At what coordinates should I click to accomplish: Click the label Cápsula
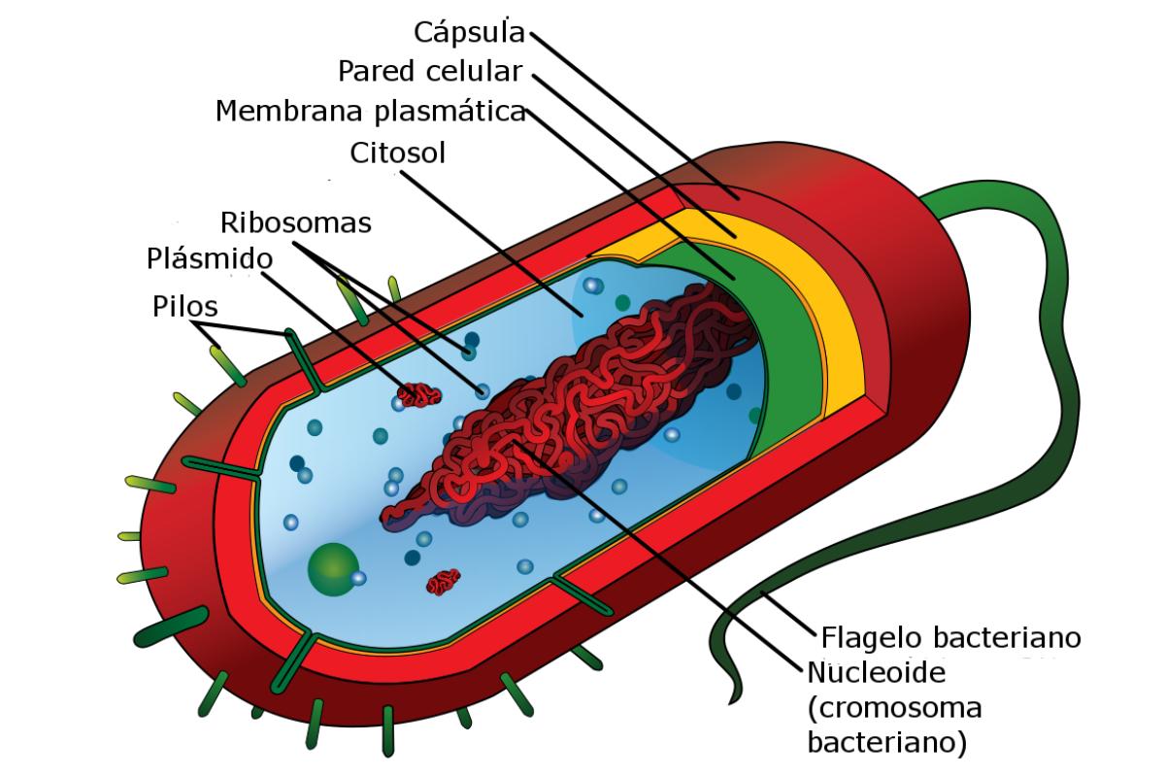469,32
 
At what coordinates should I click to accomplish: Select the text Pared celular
431,71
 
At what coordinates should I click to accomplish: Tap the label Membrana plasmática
370,111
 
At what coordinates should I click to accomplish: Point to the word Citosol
397,153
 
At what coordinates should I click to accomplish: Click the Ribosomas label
296,222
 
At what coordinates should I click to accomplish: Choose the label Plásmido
210,259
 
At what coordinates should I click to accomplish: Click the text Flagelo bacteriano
951,638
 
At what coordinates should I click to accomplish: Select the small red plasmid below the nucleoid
444,581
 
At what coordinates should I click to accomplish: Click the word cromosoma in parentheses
894,709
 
